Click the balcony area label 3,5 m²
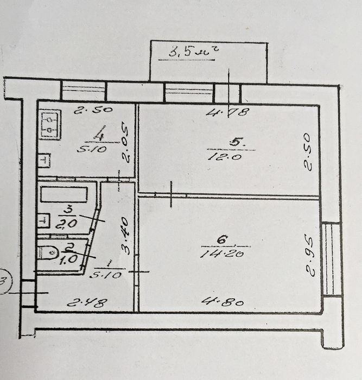tap(193, 51)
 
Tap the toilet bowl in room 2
tap(48, 252)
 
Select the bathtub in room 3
tap(64, 194)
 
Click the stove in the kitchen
tap(50, 124)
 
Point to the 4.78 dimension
tap(227, 112)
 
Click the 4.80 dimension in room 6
tap(223, 302)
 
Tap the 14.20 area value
tap(223, 254)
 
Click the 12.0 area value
tap(225, 157)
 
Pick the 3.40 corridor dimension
tap(125, 236)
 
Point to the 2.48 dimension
tap(87, 303)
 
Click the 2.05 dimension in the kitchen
tap(126, 142)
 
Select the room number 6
tap(222, 239)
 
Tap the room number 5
tap(237, 142)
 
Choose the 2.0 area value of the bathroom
tap(66, 224)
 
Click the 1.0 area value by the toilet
tap(68, 259)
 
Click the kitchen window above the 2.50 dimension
tap(84, 90)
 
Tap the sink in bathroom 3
tap(44, 220)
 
